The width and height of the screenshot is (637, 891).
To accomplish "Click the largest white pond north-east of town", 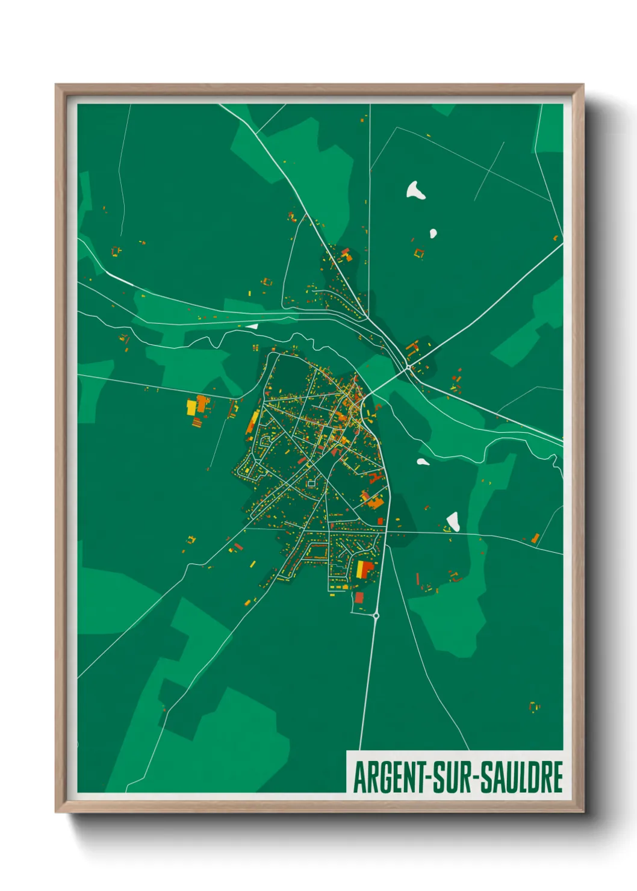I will (x=415, y=190).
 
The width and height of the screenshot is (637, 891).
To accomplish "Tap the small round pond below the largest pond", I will (x=432, y=233).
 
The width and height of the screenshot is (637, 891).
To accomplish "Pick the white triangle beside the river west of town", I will (x=252, y=326).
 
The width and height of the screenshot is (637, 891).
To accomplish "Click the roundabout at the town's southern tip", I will (x=376, y=615).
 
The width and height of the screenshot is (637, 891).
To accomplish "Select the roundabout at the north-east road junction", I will (x=408, y=366).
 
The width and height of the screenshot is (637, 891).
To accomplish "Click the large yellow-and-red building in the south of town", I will (x=364, y=569).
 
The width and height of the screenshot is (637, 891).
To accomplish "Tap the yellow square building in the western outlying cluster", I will (x=191, y=408).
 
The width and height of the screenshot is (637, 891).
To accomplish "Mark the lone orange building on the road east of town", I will (x=535, y=538).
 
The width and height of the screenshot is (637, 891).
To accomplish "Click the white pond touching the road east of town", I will (x=453, y=521).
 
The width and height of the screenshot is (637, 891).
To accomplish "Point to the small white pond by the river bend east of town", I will (x=423, y=462).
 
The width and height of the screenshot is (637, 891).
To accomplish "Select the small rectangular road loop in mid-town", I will (x=311, y=482).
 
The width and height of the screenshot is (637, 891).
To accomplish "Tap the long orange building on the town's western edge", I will (x=252, y=422).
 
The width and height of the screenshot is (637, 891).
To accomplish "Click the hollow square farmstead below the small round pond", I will (x=419, y=253).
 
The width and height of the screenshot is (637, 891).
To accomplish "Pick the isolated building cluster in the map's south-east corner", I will (x=533, y=706).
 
